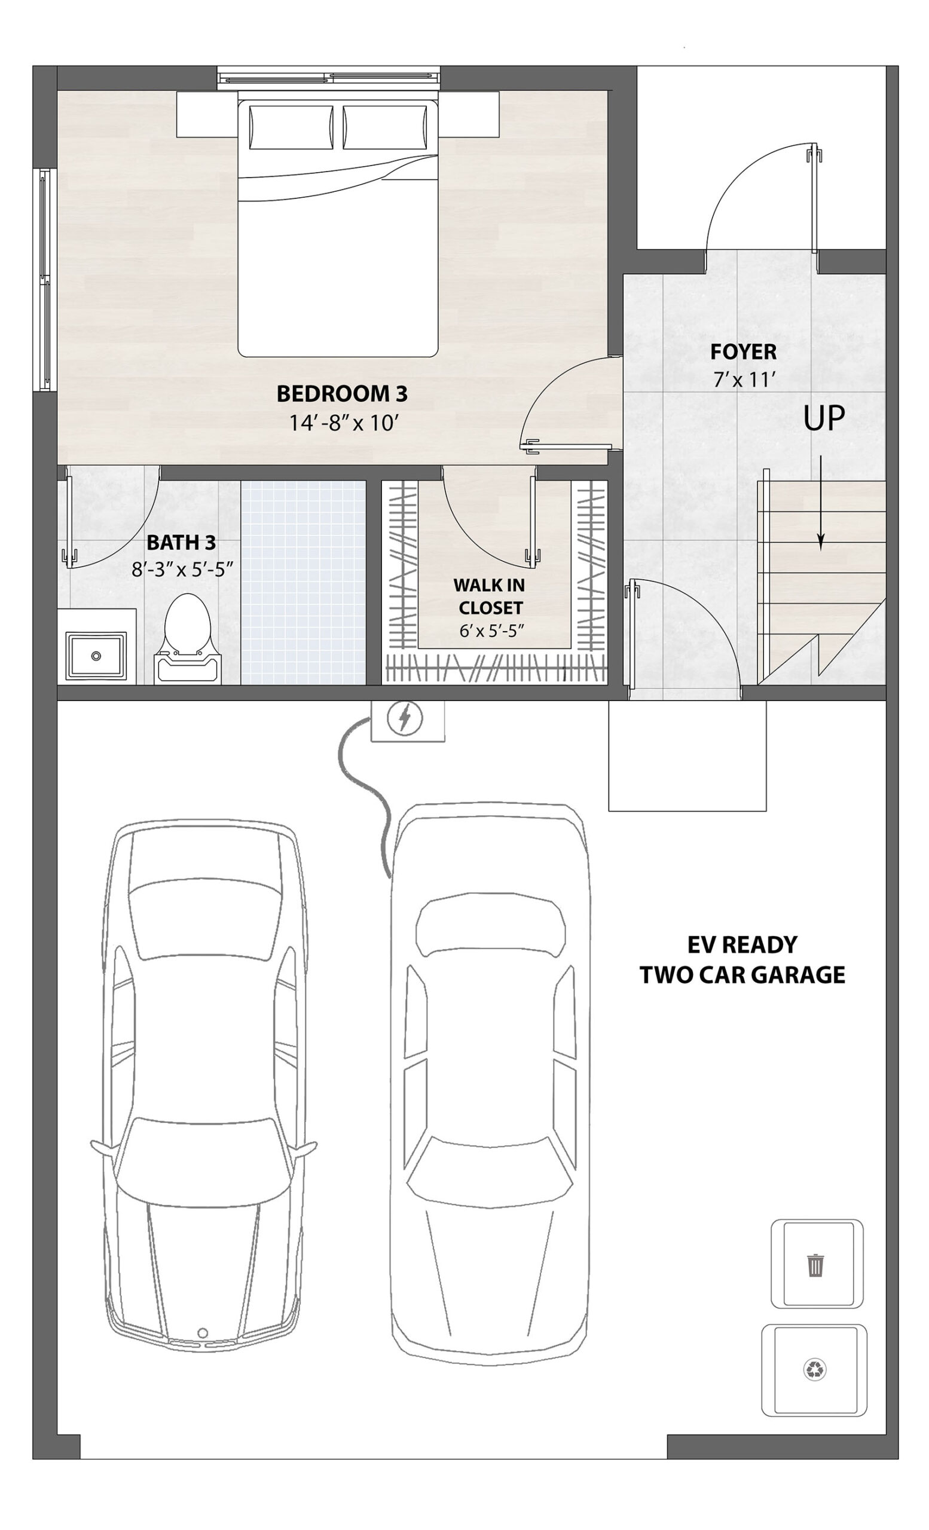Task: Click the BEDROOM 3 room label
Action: pos(341,394)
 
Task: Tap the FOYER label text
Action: pos(743,352)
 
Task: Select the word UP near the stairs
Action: pos(824,418)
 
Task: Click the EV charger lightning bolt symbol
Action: pos(405,718)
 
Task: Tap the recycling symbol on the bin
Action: pos(815,1369)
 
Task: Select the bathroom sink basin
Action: pos(96,656)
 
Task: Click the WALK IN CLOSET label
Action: pos(490,596)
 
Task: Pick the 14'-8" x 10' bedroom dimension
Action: pos(343,423)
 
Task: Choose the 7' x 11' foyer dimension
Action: pos(744,379)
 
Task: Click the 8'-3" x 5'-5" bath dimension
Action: pos(182,569)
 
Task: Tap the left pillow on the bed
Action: pos(291,127)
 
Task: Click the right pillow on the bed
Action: pos(385,127)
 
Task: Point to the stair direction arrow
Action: pos(821,503)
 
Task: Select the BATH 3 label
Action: pos(181,543)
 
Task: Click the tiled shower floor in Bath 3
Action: pos(303,583)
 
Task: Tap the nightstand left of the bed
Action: pos(207,114)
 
